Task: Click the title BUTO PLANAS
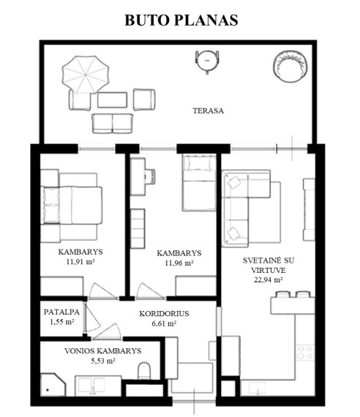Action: pyautogui.click(x=181, y=20)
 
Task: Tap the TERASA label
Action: pyautogui.click(x=208, y=110)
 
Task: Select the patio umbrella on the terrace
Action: pyautogui.click(x=86, y=75)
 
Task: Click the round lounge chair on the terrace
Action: pyautogui.click(x=290, y=67)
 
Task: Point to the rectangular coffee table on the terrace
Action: pyautogui.click(x=112, y=99)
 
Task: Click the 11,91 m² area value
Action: pyautogui.click(x=80, y=262)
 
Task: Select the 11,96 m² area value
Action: pyautogui.click(x=179, y=263)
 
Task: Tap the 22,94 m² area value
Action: pyautogui.click(x=269, y=279)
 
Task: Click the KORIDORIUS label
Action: pyautogui.click(x=164, y=314)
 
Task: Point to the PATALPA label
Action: pyautogui.click(x=61, y=312)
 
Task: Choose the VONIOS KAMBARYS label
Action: pyautogui.click(x=102, y=350)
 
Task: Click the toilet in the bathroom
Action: pyautogui.click(x=144, y=371)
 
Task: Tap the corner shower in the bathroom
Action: pyautogui.click(x=53, y=385)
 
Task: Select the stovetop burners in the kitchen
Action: pyautogui.click(x=305, y=353)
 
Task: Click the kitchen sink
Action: pyautogui.click(x=258, y=388)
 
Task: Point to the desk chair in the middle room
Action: pyautogui.click(x=150, y=176)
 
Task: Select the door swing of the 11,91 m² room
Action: pyautogui.click(x=102, y=291)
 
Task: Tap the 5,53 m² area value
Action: pyautogui.click(x=103, y=361)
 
